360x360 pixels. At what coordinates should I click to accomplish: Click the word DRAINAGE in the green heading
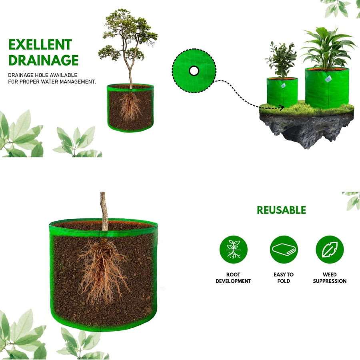[43, 60]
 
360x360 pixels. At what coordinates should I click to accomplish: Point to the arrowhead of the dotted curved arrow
[282, 107]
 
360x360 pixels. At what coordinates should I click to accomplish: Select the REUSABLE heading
[281, 210]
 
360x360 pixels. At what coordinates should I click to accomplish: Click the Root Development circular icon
[233, 250]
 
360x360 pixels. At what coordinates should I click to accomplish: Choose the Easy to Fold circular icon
[284, 250]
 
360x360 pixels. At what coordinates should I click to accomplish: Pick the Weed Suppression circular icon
[330, 250]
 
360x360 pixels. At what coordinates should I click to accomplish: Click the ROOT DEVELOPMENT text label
[233, 278]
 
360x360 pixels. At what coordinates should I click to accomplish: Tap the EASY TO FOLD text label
[284, 278]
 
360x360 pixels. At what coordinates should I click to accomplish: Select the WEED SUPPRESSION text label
[330, 278]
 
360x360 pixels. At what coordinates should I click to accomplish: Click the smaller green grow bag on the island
[282, 92]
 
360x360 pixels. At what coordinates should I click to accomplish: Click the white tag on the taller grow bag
[328, 79]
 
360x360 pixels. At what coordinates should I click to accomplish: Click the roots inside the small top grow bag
[130, 106]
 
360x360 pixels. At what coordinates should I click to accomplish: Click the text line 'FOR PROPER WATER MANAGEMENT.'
[52, 82]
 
